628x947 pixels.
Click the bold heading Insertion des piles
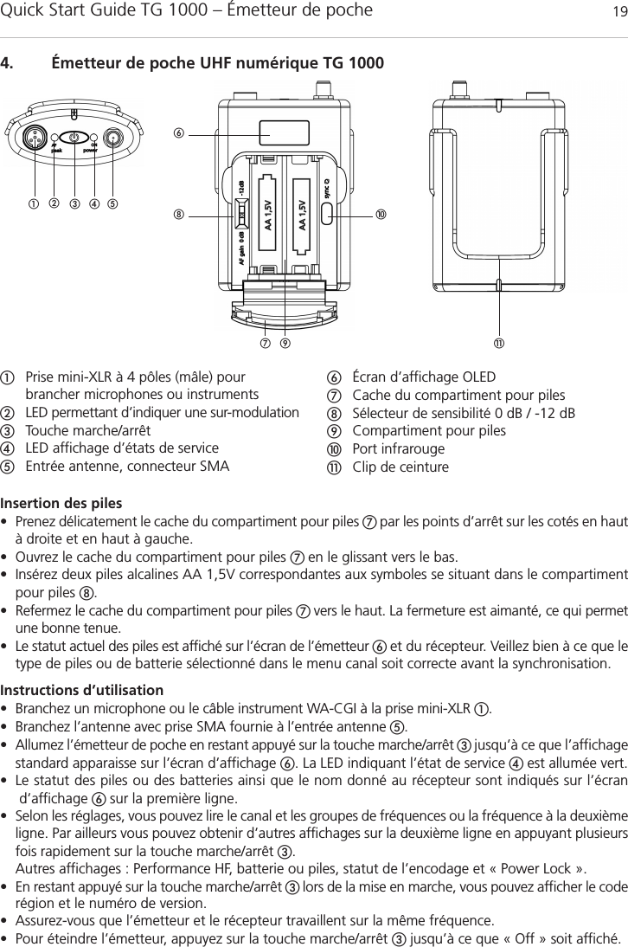61,503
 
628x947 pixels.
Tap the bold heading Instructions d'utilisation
81,667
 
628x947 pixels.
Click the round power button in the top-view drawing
74,138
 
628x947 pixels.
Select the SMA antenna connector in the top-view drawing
112,138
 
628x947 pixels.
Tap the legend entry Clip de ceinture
401,468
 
